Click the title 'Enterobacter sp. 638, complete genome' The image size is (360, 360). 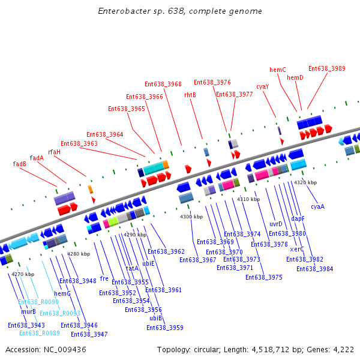(179, 11)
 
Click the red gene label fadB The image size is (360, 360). (20, 164)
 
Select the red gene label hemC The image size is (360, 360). (277, 70)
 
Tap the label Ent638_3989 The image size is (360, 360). (327, 68)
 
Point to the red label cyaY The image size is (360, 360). (262, 86)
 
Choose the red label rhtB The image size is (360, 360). (190, 95)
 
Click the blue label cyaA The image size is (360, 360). (317, 206)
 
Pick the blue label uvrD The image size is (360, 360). (276, 224)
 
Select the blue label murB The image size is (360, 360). (29, 311)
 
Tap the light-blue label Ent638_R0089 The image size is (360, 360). (40, 333)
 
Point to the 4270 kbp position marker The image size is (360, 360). (23, 274)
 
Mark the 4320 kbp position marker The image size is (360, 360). (305, 182)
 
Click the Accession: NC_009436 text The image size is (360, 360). (46, 349)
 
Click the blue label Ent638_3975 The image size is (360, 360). (263, 277)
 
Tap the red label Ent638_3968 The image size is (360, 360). (163, 84)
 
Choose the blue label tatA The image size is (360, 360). (132, 268)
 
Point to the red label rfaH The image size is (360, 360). (55, 152)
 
